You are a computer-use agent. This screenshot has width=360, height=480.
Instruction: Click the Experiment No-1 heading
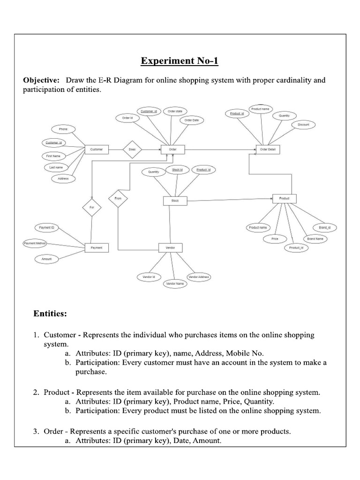click(x=180, y=61)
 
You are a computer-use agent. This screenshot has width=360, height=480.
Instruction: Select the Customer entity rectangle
click(x=97, y=150)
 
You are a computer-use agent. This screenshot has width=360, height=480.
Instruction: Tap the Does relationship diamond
click(x=132, y=150)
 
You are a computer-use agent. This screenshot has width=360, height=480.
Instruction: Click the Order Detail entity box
click(x=267, y=150)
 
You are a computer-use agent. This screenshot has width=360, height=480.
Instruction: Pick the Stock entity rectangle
click(x=175, y=201)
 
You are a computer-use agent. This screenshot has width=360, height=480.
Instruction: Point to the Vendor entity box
click(x=170, y=247)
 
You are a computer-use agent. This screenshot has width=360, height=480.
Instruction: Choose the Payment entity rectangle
click(x=97, y=247)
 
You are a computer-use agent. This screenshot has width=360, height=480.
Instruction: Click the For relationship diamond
click(x=91, y=207)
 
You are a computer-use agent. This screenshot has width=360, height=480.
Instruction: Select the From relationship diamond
click(x=118, y=199)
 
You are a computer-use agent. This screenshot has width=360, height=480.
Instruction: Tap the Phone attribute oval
click(x=63, y=129)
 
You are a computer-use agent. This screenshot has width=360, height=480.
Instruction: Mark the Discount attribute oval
click(x=303, y=125)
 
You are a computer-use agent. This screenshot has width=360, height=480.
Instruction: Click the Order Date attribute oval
click(x=191, y=120)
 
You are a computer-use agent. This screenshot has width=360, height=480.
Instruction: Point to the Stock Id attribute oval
click(x=177, y=170)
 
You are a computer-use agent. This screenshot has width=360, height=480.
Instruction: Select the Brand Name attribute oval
click(x=315, y=239)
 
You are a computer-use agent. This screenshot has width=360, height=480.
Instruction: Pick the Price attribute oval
click(x=275, y=239)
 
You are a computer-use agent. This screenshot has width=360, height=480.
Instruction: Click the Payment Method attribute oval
click(x=35, y=243)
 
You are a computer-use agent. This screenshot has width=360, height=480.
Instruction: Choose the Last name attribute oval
click(x=56, y=167)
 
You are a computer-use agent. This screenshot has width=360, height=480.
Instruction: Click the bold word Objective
click(x=42, y=80)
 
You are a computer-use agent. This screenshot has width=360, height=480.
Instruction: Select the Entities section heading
click(x=50, y=314)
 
